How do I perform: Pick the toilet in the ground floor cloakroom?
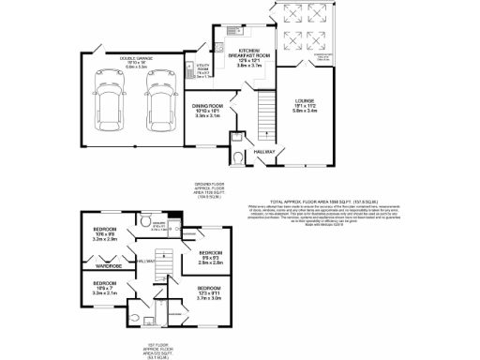click(238, 157)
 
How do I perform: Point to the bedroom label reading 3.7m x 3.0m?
click(209, 292)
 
